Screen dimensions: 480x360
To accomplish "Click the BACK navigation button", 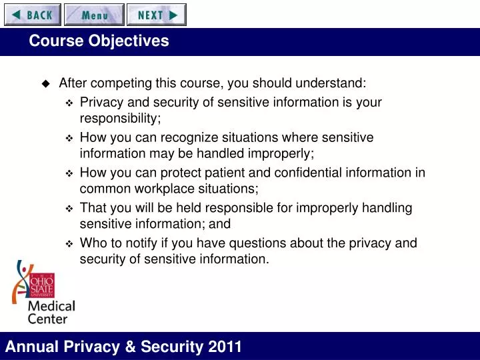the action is click(x=33, y=15).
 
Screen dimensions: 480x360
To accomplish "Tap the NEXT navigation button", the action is click(x=157, y=15).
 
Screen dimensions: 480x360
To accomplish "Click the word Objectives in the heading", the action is click(x=129, y=41).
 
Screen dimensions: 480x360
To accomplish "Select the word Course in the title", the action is click(x=56, y=41).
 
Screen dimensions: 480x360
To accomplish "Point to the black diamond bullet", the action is click(x=46, y=83).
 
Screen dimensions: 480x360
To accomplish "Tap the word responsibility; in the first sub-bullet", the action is click(x=120, y=119).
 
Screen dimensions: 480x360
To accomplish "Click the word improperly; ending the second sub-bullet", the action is click(x=281, y=154).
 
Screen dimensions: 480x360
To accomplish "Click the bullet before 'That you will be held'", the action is click(x=69, y=209).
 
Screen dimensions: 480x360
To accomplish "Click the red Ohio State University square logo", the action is click(x=42, y=285).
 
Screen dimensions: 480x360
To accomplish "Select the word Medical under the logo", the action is click(x=51, y=306).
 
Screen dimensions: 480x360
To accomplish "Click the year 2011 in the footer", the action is click(x=225, y=347).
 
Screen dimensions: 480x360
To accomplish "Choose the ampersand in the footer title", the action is click(x=130, y=347).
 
